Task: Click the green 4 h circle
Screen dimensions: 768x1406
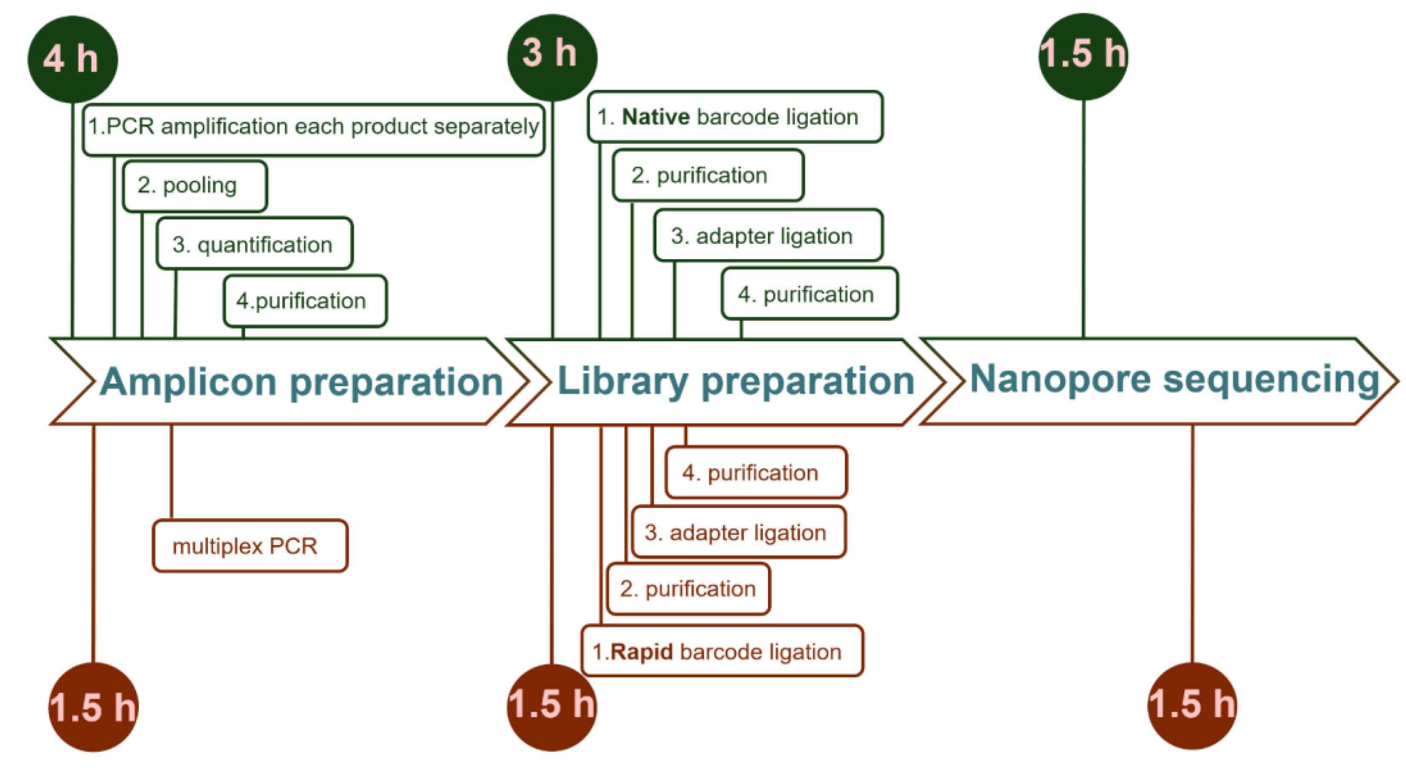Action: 73,59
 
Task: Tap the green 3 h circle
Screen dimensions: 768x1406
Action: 552,57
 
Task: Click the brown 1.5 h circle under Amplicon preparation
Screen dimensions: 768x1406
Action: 94,707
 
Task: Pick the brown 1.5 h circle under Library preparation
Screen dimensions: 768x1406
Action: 552,707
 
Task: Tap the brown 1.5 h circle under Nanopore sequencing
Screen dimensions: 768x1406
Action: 1192,706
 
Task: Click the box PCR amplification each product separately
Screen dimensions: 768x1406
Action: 314,129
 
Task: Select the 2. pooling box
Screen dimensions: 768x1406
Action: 195,186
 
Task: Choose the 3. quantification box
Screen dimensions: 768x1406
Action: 254,243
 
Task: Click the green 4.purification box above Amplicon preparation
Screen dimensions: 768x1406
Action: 305,301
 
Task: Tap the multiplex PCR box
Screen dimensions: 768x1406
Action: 250,545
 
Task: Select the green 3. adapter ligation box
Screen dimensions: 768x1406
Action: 768,235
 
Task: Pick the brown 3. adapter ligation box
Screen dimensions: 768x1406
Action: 739,532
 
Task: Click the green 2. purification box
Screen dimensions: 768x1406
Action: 708,175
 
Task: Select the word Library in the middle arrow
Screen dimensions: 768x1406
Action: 623,381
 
